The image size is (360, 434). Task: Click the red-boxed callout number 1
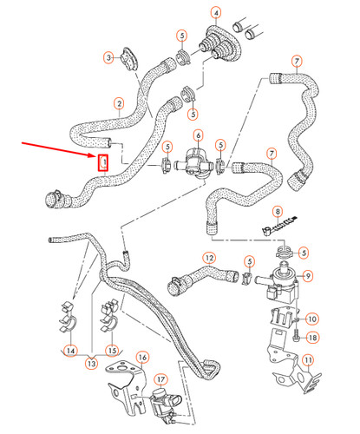pyautogui.click(x=103, y=161)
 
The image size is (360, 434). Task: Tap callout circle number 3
pyautogui.click(x=108, y=57)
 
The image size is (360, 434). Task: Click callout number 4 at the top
pyautogui.click(x=216, y=13)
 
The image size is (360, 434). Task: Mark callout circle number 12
pyautogui.click(x=209, y=257)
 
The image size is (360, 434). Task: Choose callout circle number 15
pyautogui.click(x=110, y=351)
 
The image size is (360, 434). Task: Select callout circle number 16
pyautogui.click(x=142, y=357)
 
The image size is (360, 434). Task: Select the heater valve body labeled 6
pyautogui.click(x=196, y=162)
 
